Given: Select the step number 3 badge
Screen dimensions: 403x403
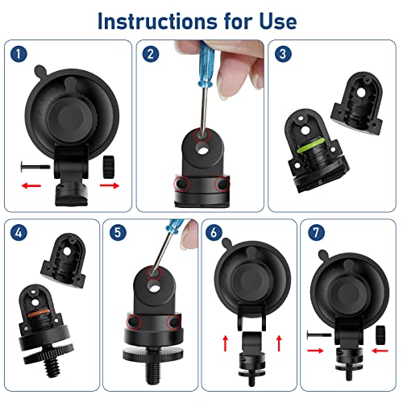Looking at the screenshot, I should tap(282, 55).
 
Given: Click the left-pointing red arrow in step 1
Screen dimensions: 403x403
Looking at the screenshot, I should tap(31, 185).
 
